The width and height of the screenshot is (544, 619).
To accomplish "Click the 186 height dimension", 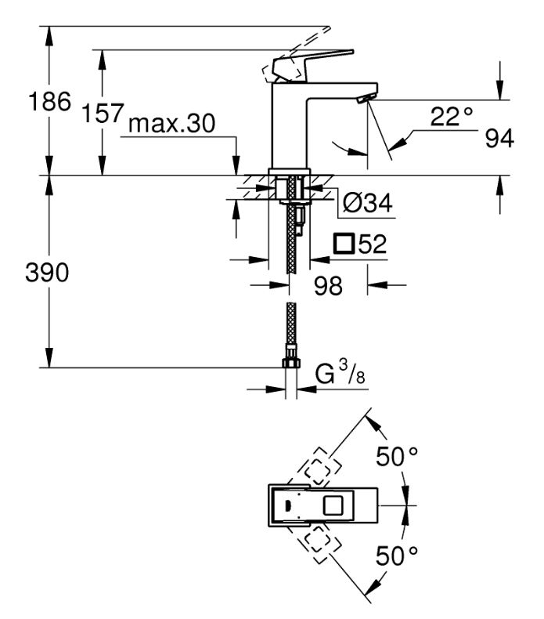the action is pos(50,101).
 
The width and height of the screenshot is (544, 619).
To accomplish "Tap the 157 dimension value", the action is pos(103,113).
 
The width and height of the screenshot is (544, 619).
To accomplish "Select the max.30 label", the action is pos(172,123).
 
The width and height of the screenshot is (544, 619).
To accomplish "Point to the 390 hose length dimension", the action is pos(47,273).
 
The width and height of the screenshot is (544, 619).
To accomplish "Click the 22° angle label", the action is pos(452,117).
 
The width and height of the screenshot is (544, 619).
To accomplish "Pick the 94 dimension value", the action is pos(499,138).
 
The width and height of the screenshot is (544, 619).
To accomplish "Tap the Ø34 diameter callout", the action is pos(368,203).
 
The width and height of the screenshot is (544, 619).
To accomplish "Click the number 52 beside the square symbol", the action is pos(373,244).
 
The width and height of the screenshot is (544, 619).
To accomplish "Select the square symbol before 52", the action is pos(344,244).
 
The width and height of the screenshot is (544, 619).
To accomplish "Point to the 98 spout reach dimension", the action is pos(328,286).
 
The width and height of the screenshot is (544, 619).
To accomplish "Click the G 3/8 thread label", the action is pos(340,373).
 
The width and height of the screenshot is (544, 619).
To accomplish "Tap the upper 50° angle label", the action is pos(397,457).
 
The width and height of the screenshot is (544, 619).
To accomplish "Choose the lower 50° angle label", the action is pos(397,556).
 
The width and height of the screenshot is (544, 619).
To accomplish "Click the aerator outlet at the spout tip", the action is pos(366,99).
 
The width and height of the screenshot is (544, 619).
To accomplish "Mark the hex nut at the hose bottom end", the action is pos(291,363).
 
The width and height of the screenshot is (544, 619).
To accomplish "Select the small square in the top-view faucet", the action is pos(333,505).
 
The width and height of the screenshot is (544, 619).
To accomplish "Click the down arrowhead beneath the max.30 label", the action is pos(236,165).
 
